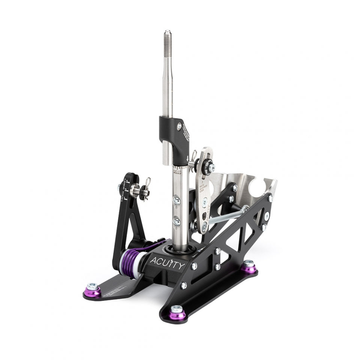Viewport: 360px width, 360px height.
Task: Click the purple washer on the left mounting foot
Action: (93, 291)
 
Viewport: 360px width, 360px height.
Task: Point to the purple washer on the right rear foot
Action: (248, 267)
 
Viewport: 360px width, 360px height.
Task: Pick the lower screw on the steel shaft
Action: (176, 222)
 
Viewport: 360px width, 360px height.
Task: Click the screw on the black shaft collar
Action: (179, 127)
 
